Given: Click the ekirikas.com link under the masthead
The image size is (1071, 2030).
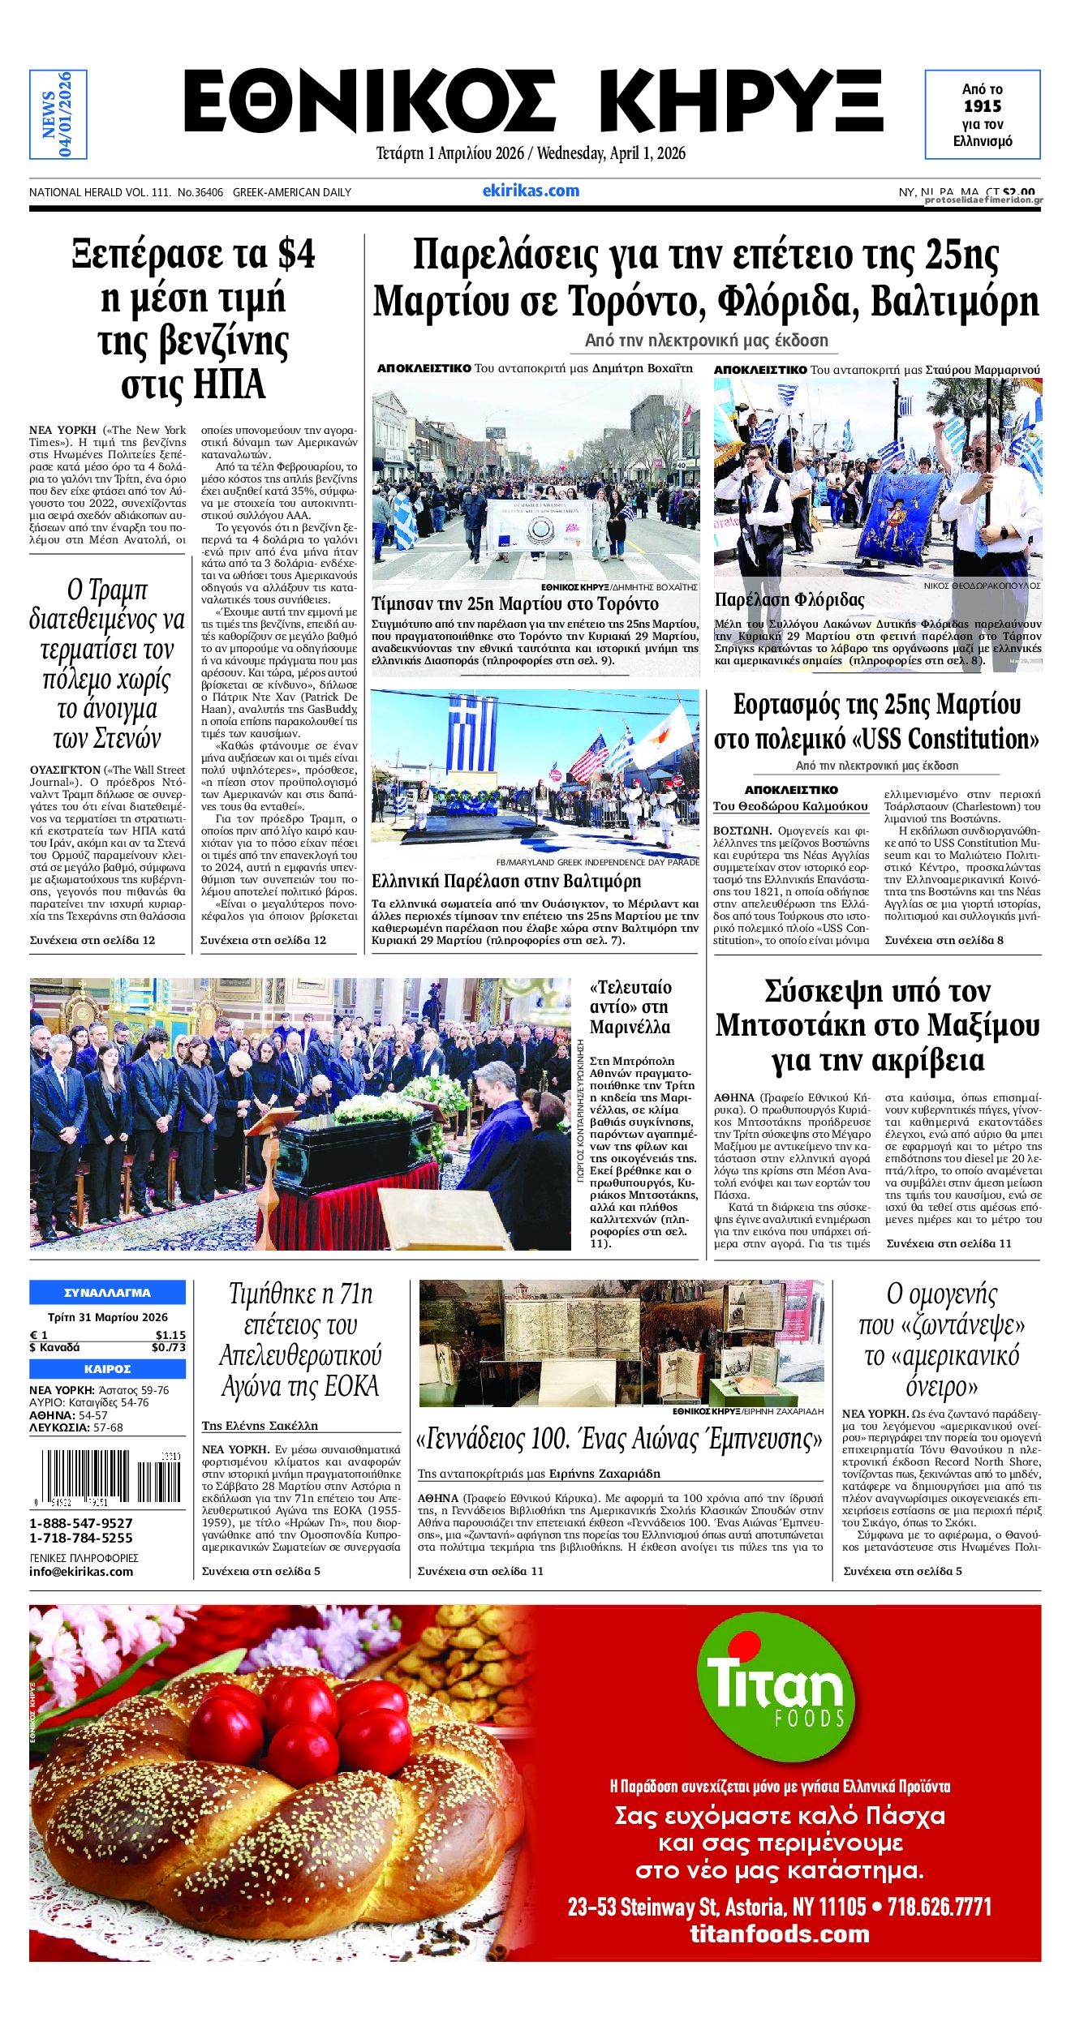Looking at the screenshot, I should pos(531,191).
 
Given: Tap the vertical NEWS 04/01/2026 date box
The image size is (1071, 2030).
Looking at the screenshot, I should pos(58,114).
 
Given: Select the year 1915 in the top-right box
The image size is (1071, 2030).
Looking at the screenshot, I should pos(983,106).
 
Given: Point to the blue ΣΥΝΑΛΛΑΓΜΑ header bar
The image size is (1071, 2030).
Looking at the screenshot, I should pos(107,1293).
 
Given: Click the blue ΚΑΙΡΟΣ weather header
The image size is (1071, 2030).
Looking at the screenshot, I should pos(107,1369).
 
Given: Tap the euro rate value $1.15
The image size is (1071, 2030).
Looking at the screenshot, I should pos(170,1335).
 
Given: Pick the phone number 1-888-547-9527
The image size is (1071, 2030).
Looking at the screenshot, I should pos(81,1523).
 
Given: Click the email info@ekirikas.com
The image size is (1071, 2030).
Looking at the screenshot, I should pos(81,1571).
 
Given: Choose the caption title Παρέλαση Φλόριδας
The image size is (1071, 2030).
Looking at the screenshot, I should pos(789,600).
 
